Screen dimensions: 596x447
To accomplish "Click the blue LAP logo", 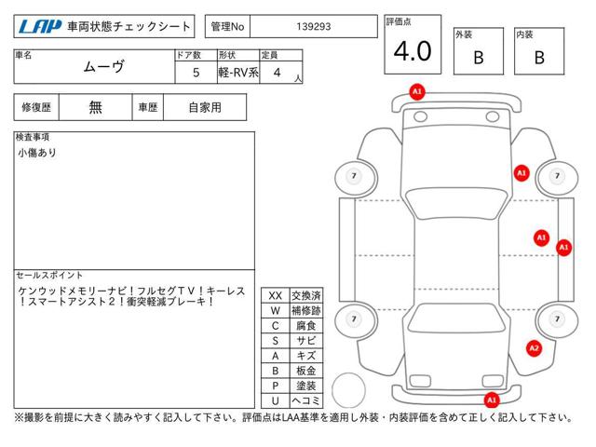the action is (40, 27).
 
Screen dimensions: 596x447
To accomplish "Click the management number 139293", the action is (314, 27).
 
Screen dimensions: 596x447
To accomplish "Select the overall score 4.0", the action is (413, 51).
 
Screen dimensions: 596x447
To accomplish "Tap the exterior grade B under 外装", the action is (479, 58).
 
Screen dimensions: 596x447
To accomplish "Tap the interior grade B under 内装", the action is (539, 58).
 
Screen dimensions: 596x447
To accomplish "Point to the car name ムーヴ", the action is (103, 67).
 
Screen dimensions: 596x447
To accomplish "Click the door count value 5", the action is (196, 73).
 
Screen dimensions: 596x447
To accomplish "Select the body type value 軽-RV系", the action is (238, 73).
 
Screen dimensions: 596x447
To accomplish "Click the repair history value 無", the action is (95, 108).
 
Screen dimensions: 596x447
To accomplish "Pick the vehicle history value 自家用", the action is (205, 108).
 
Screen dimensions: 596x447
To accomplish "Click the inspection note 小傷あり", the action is (37, 153).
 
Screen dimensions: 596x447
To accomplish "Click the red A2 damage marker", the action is (534, 348).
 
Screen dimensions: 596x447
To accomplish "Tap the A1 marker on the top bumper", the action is (417, 91).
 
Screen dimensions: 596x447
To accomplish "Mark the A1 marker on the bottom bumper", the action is (492, 400).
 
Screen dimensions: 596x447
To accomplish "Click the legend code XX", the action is (276, 296).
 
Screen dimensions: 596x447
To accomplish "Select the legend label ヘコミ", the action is (306, 400).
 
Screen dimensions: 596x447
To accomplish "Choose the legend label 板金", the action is (306, 371).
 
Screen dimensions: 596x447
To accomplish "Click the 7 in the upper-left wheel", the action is (354, 176).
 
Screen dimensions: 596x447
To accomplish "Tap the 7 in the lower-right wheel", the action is (557, 318).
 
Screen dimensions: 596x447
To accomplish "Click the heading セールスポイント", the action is (49, 276).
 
